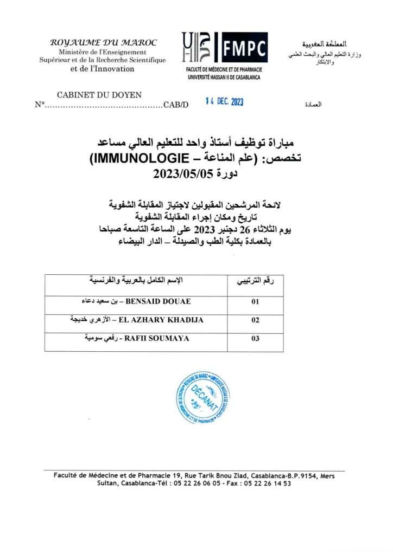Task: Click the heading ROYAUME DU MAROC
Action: click(x=104, y=42)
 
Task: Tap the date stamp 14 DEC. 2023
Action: click(x=224, y=101)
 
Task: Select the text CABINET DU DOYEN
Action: click(x=99, y=95)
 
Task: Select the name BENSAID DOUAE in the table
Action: click(x=159, y=301)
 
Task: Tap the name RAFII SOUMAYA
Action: click(x=157, y=338)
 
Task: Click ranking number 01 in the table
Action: click(x=255, y=302)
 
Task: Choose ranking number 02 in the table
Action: click(x=255, y=320)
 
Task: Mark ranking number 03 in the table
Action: click(x=255, y=339)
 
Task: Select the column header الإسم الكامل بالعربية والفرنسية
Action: click(x=136, y=280)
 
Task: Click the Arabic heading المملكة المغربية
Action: click(x=324, y=43)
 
